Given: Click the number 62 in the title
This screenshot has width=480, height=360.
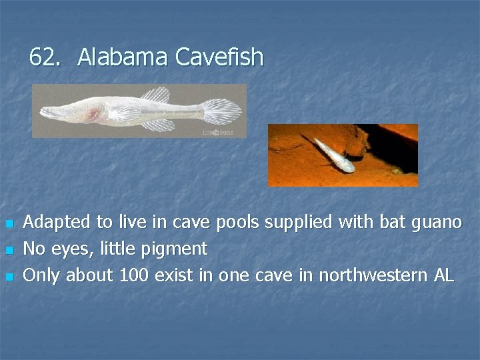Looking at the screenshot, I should coord(43,59).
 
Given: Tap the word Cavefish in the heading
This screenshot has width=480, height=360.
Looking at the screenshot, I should coord(219,59).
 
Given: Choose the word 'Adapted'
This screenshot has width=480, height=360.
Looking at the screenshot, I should coord(54,222).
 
